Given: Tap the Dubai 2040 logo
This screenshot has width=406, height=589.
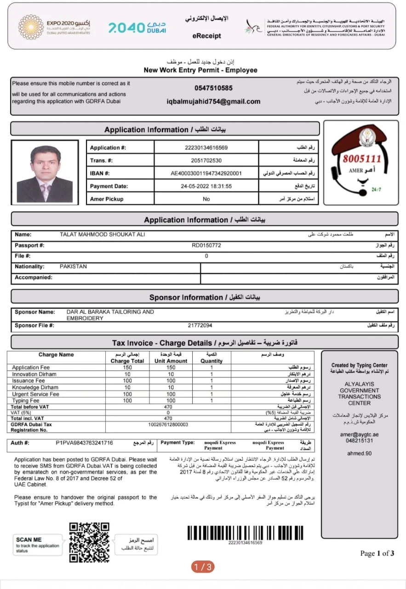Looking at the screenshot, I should pyautogui.click(x=137, y=28).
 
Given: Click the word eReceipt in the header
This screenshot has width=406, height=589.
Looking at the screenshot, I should pyautogui.click(x=206, y=36).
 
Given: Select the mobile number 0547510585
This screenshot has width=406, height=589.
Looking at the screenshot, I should pyautogui.click(x=213, y=88).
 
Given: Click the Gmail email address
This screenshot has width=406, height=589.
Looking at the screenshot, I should pyautogui.click(x=213, y=102).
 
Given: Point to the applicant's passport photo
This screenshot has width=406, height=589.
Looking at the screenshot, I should pyautogui.click(x=45, y=173).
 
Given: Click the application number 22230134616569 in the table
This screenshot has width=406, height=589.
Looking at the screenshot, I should pyautogui.click(x=206, y=148).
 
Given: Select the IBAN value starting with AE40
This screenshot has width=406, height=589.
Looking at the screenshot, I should pyautogui.click(x=206, y=173).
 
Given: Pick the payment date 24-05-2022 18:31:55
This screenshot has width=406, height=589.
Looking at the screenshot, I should pyautogui.click(x=206, y=186).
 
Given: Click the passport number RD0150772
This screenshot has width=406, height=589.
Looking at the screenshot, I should pyautogui.click(x=206, y=245).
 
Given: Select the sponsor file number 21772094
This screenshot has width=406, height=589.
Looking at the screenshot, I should pyautogui.click(x=200, y=326).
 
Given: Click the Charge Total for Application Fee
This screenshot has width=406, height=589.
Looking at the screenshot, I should pyautogui.click(x=127, y=368).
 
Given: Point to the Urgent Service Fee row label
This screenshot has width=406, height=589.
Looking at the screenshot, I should pyautogui.click(x=35, y=394).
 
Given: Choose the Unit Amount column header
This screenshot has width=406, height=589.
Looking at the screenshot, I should pyautogui.click(x=171, y=361).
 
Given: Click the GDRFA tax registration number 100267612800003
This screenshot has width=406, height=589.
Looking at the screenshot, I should pyautogui.click(x=168, y=424).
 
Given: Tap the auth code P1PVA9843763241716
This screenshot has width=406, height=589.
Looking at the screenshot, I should pyautogui.click(x=84, y=443).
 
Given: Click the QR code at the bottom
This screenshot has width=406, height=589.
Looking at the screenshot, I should pyautogui.click(x=89, y=542).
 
